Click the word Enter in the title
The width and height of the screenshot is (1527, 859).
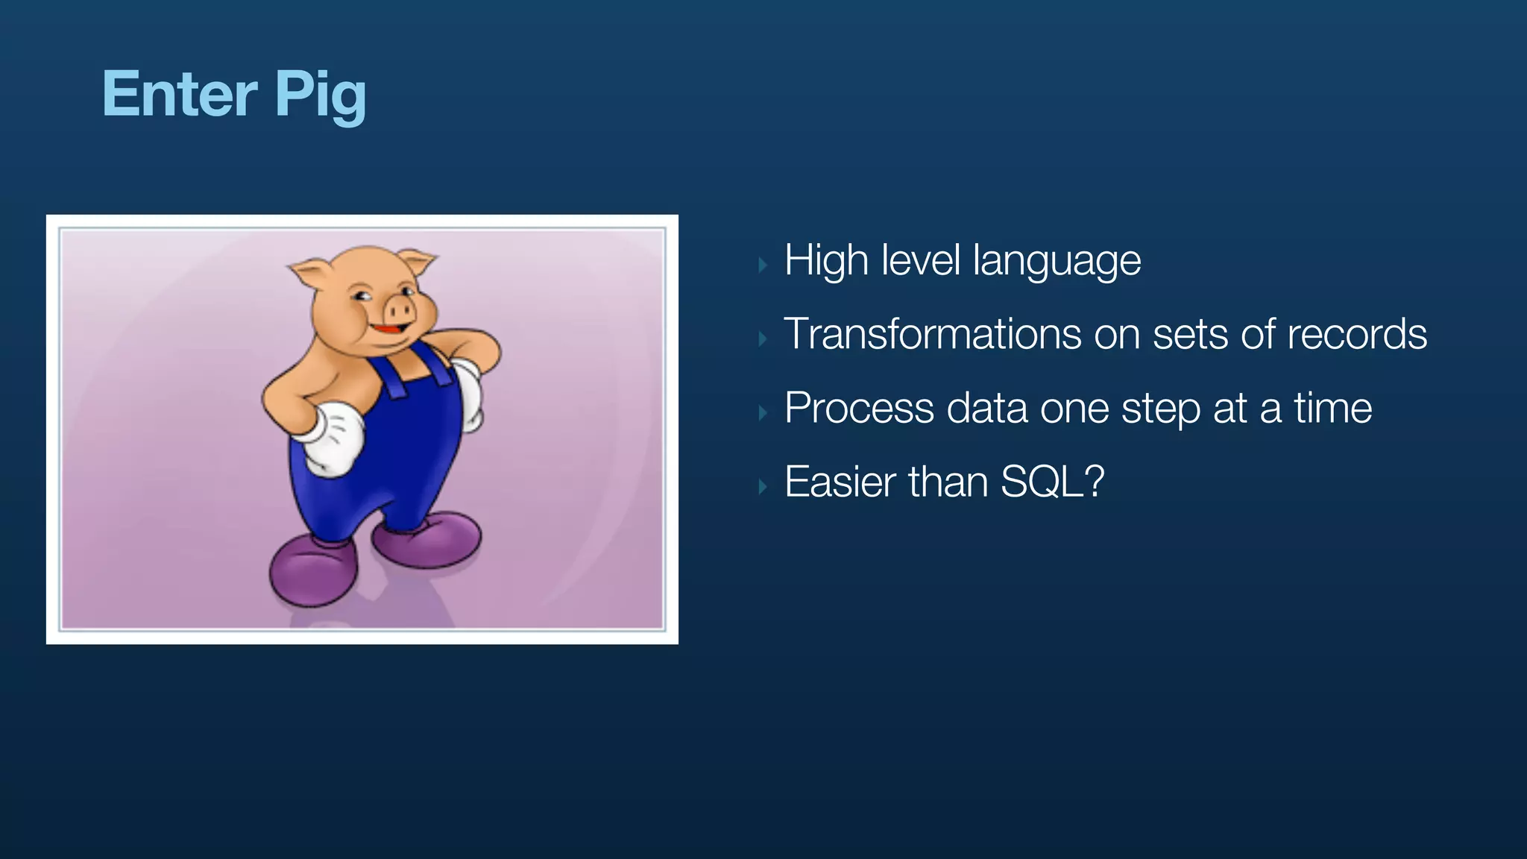tap(180, 94)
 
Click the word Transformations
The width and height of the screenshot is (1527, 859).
tap(932, 334)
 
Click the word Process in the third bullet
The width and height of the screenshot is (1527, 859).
tap(859, 409)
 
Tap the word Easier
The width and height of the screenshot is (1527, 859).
tap(840, 482)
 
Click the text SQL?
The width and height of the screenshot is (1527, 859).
tap(1052, 482)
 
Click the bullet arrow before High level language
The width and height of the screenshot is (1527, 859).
tap(762, 265)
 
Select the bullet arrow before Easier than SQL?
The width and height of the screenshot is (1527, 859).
tap(762, 487)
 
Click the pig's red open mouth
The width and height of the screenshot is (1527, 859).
tap(389, 329)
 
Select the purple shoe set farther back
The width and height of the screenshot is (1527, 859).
tap(429, 538)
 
